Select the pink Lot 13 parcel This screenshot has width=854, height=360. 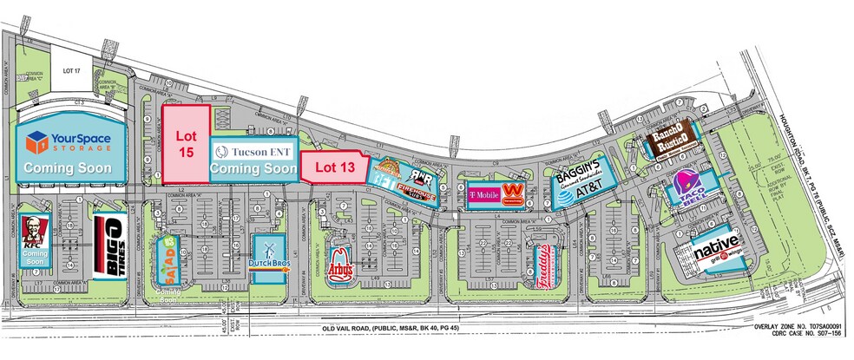pos(335,167)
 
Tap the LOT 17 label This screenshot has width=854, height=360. pos(61,63)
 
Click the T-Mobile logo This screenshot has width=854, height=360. pos(484,193)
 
